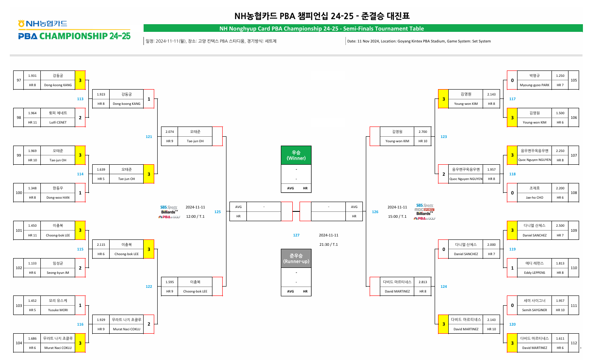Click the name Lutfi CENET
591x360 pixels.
(x=58, y=122)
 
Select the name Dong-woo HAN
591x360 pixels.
(x=58, y=197)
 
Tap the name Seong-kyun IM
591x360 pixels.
(x=58, y=273)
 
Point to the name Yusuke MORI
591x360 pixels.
(x=58, y=310)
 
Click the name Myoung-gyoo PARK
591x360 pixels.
(x=534, y=85)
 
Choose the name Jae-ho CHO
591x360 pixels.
(x=534, y=197)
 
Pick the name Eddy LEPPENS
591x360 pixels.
(x=534, y=273)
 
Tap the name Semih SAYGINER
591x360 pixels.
(x=534, y=310)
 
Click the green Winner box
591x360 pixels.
(x=296, y=155)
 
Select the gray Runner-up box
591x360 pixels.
(x=296, y=258)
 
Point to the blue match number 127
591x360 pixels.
(x=296, y=235)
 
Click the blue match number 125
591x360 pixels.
(x=218, y=211)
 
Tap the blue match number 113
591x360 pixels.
(x=80, y=99)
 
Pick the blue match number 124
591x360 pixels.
(x=444, y=287)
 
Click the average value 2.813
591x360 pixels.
(x=422, y=282)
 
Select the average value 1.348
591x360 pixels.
(x=32, y=188)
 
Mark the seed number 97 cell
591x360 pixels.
(x=19, y=80)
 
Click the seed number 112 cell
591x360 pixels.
(x=574, y=343)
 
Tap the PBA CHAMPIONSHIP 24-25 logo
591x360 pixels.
(x=74, y=36)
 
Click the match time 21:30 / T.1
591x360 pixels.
(x=328, y=244)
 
